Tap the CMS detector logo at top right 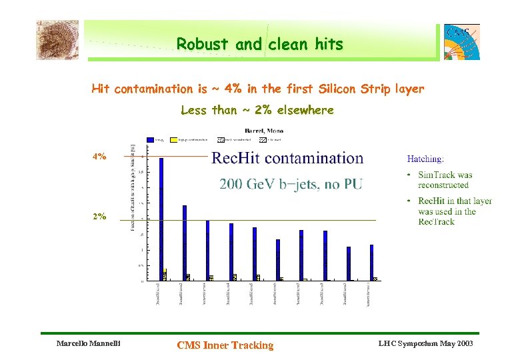(x=461, y=41)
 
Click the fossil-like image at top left (x=57, y=39)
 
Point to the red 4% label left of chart (x=99, y=157)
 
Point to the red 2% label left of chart (x=99, y=217)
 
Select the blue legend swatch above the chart (x=150, y=140)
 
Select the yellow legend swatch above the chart (x=174, y=140)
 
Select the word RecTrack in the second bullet (x=437, y=221)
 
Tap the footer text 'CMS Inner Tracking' (x=225, y=345)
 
